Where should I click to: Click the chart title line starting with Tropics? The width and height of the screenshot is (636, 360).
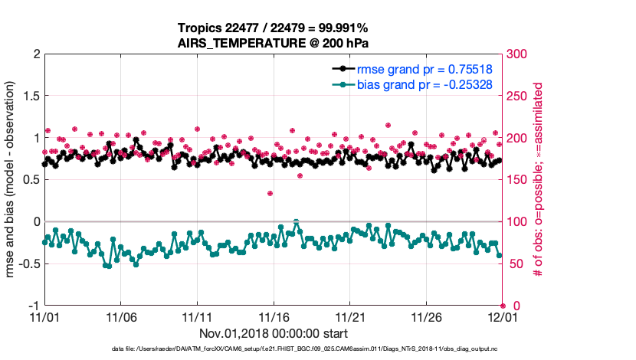click(274, 28)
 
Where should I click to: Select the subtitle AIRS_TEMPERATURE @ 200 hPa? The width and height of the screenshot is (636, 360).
click(274, 43)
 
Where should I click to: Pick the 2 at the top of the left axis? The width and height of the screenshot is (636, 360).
click(35, 54)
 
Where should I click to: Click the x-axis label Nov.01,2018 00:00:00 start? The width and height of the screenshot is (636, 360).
click(274, 333)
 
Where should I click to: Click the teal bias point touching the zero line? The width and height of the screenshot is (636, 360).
click(297, 221)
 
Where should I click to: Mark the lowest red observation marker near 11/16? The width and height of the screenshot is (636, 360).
click(270, 193)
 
